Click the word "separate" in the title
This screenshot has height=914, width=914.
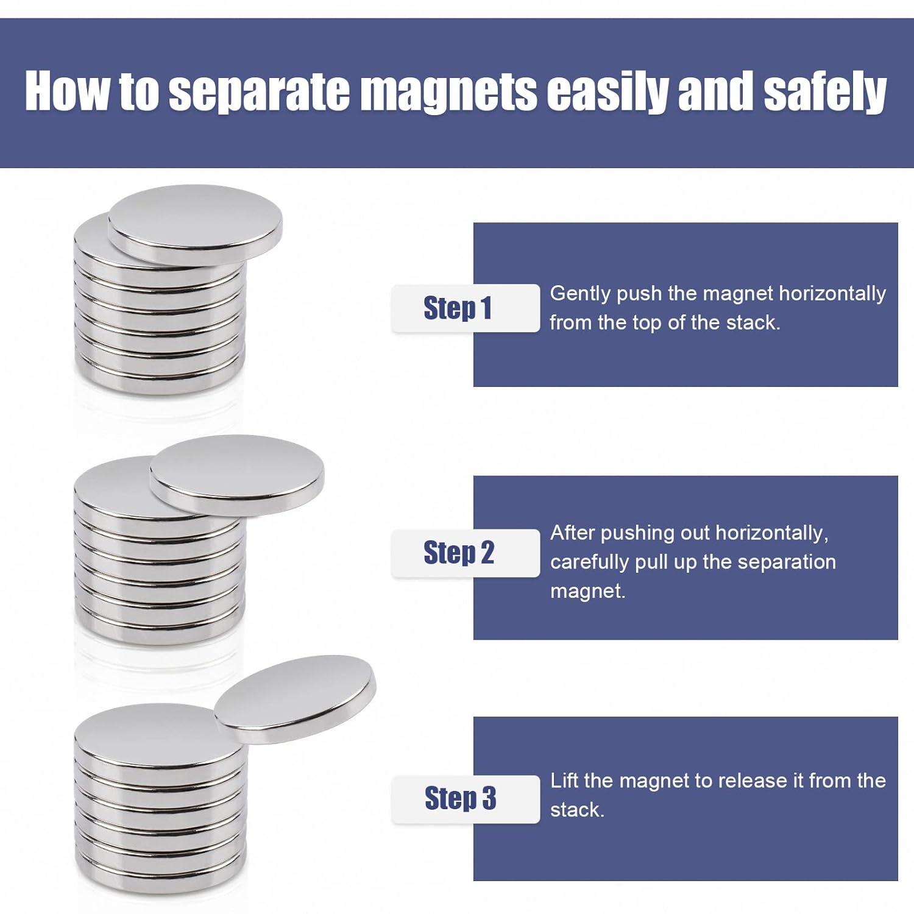[258, 91]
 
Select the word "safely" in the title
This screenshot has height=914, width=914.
[824, 91]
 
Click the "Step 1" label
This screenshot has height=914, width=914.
[458, 308]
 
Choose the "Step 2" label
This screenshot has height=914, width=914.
[459, 553]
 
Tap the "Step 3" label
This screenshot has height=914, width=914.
[460, 798]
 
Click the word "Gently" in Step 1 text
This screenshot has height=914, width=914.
[580, 294]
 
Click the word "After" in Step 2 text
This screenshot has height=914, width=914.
[573, 533]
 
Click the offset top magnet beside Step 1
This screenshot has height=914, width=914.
[195, 223]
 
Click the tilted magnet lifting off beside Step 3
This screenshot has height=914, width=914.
[296, 698]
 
